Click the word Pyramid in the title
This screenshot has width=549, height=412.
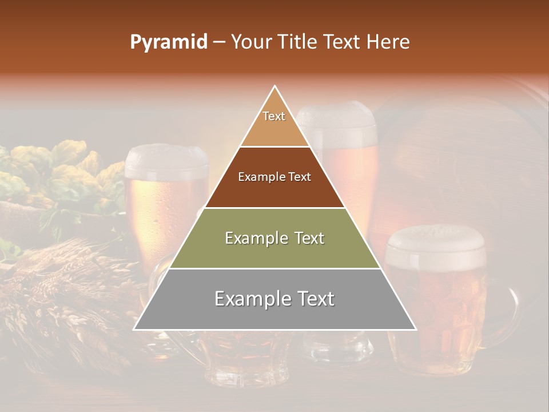coord(169,42)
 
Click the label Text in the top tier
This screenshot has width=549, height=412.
coord(274,116)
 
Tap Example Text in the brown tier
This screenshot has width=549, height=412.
coord(274,177)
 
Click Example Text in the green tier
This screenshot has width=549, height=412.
coord(274,238)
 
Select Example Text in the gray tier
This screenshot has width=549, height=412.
coord(274,299)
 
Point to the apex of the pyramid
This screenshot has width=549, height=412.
coord(275,86)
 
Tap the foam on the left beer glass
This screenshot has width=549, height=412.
coord(166,160)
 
